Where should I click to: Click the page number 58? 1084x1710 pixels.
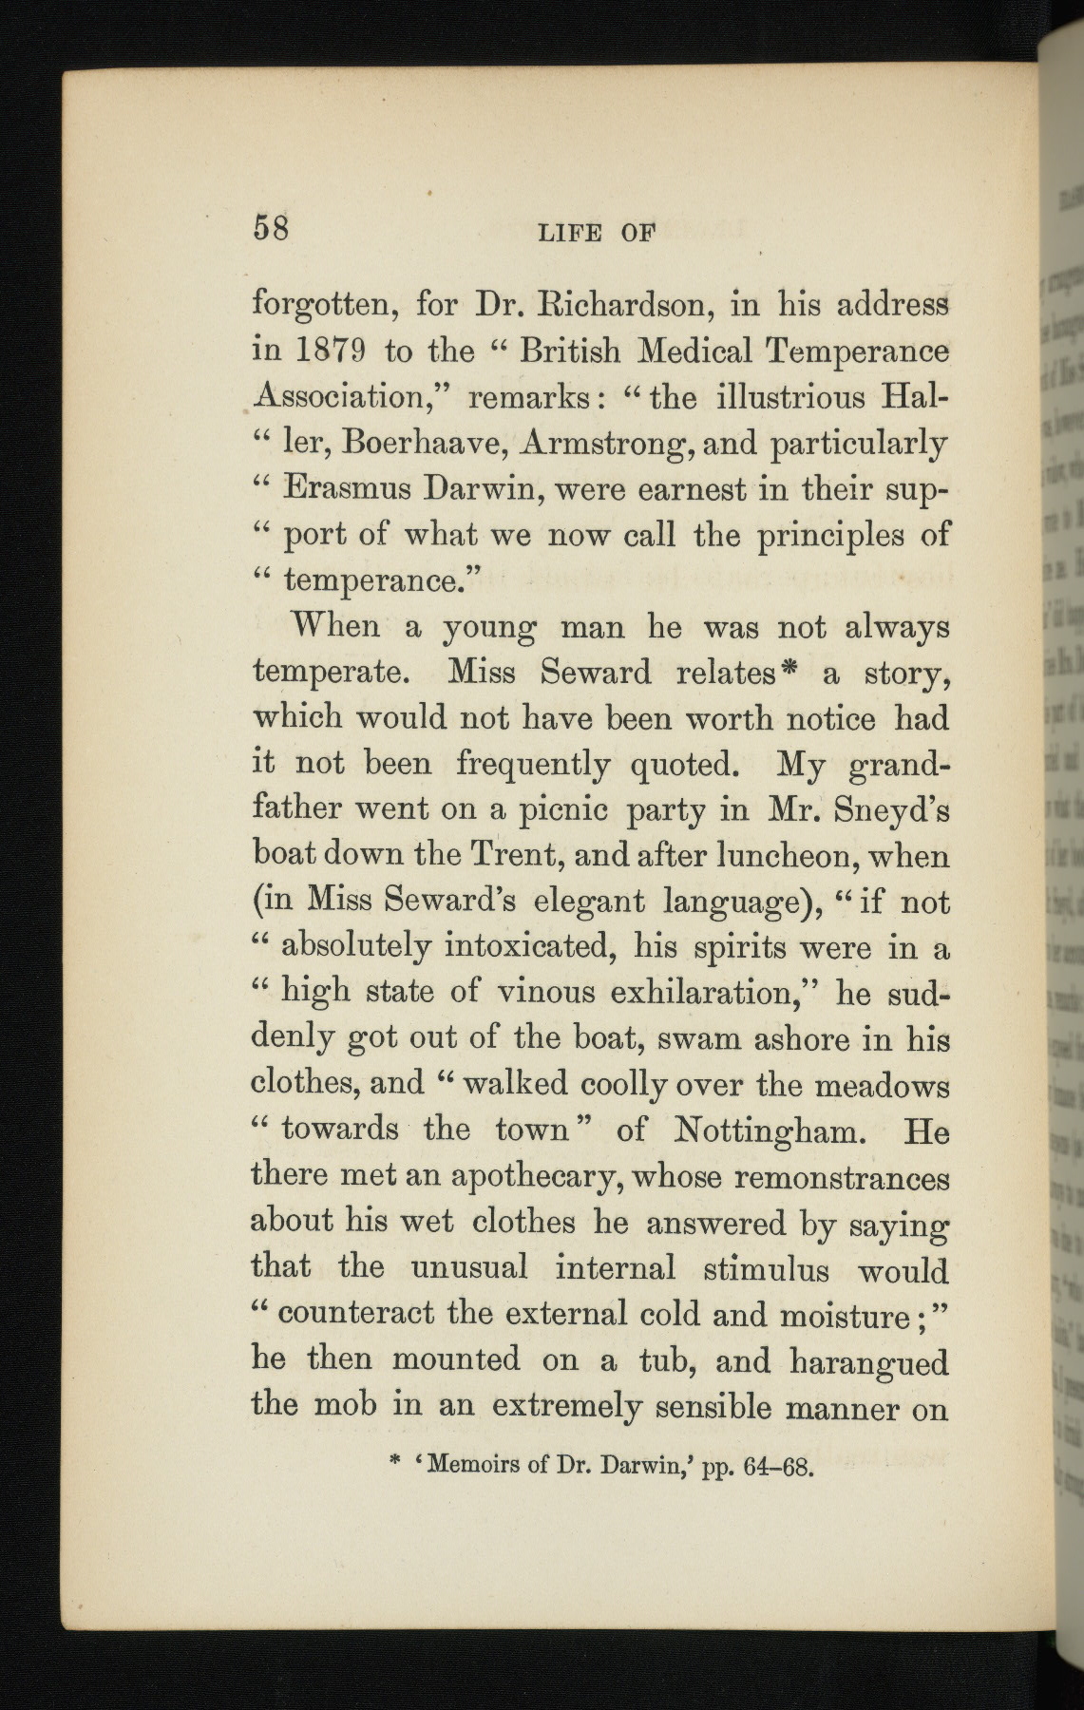click(x=270, y=229)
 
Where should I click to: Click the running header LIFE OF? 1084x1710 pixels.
click(x=598, y=234)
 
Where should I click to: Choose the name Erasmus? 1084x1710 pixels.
click(x=348, y=489)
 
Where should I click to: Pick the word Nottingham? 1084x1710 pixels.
click(x=768, y=1130)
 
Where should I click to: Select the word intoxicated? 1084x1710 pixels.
click(x=530, y=947)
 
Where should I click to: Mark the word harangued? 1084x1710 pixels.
click(x=868, y=1363)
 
